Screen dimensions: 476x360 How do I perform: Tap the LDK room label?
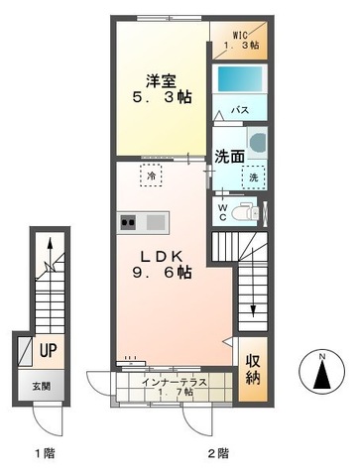[x=159, y=252]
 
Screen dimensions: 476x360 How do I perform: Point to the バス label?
[x=240, y=110]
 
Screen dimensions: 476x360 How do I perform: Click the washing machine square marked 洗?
[x=253, y=177]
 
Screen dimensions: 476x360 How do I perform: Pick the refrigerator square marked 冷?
[x=152, y=176]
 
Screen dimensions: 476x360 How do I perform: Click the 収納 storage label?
[x=252, y=368]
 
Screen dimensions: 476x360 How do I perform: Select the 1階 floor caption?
[x=44, y=453]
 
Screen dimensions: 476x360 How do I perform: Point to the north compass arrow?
[x=324, y=374]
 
